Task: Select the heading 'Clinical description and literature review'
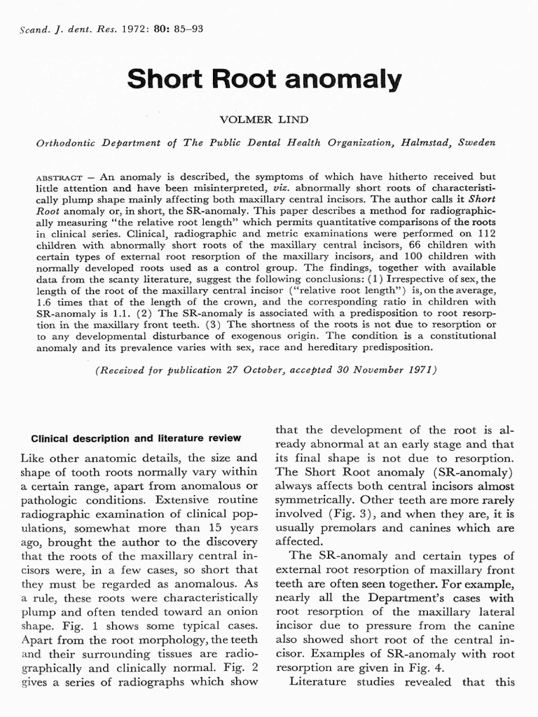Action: [136, 438]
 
